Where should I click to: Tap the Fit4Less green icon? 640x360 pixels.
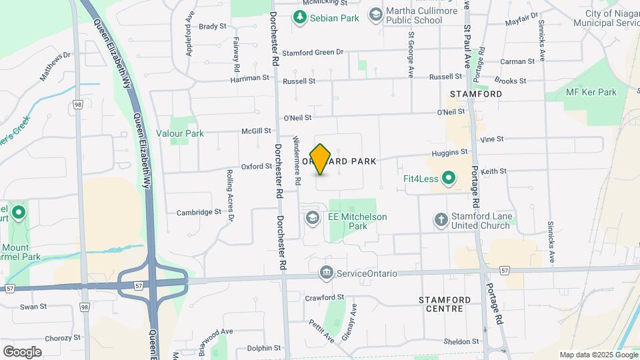[449, 178]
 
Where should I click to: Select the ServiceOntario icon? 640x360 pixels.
[327, 273]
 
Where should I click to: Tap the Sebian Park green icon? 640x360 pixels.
[299, 18]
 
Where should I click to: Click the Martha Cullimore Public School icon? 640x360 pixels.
[376, 14]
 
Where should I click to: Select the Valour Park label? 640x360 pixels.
[179, 133]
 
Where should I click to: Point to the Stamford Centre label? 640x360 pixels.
[445, 304]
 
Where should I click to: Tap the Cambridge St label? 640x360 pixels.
[199, 213]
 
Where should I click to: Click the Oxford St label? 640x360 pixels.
[257, 167]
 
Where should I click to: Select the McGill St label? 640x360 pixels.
[256, 131]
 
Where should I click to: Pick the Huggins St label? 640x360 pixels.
[449, 153]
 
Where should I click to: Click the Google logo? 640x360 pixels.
[22, 351]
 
